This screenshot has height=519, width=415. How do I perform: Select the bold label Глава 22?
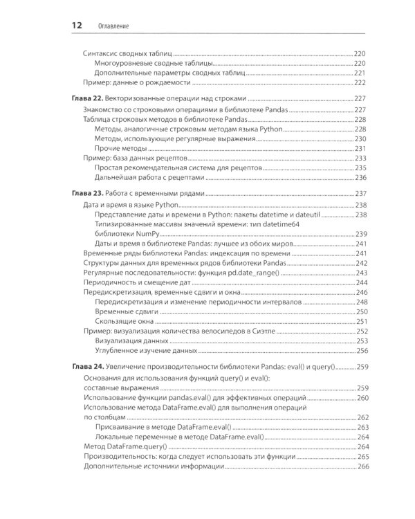pyautogui.click(x=89, y=98)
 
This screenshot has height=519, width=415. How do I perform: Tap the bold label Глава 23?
pyautogui.click(x=89, y=193)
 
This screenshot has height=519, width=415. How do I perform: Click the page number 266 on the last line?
pyautogui.click(x=362, y=468)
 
